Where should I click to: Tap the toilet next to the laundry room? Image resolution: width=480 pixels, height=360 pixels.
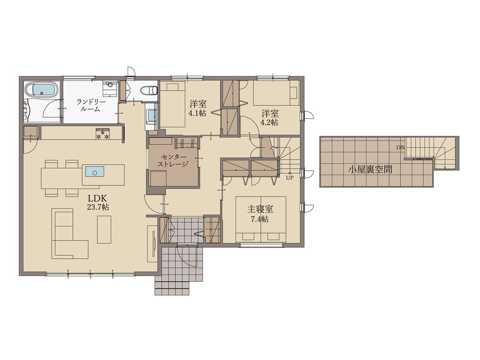pos(149,90)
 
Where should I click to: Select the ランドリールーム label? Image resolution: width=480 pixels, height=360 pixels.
pos(91,105)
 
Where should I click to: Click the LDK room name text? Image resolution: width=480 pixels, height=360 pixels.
pos(98,198)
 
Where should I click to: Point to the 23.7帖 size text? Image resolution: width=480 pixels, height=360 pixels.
pos(98,207)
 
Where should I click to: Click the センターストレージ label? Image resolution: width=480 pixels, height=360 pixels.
pos(172,160)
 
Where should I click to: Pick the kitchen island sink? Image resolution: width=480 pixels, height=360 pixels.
pos(95,172)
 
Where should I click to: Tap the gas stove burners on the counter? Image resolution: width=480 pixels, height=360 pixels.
pos(103,134)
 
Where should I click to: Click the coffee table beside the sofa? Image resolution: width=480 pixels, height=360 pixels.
pos(104,229)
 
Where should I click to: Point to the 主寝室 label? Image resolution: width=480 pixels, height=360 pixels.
pos(260,209)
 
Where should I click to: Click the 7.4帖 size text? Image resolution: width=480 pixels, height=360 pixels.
pos(260,219)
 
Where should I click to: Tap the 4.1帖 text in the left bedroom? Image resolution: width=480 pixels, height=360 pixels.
pos(197,113)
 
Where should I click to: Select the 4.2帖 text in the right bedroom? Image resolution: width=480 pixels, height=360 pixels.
pos(269,123)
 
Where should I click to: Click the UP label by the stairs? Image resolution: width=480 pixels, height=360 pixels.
pos(289,178)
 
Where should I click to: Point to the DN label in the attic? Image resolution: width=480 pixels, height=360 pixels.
pos(400,147)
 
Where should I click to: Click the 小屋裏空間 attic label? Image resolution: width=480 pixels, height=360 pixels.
pos(370,169)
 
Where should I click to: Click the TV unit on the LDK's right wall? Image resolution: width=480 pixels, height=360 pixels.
pos(152,244)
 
